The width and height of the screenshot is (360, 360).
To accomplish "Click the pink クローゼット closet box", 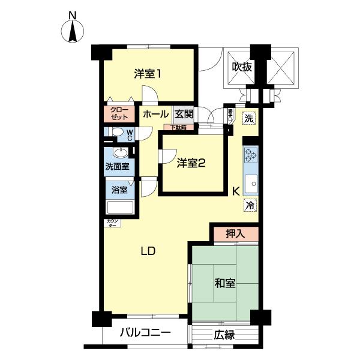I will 118,113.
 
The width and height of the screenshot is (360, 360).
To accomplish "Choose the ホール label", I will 156,113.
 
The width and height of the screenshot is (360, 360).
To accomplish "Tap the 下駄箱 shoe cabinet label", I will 179,127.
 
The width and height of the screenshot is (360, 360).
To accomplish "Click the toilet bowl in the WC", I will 118,133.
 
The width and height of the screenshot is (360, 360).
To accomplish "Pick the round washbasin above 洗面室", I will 120,152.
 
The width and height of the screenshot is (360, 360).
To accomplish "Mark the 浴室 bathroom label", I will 119,190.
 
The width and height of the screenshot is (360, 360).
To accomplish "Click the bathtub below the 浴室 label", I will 120,208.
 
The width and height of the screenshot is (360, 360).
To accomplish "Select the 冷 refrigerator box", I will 250,205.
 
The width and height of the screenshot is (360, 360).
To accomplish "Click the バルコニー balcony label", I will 145,333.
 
